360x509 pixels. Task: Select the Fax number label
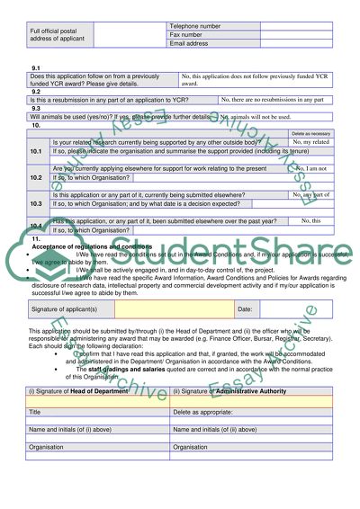coord(187,35)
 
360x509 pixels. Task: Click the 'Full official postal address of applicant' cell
coord(55,35)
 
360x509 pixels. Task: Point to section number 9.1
coord(36,68)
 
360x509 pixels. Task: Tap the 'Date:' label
coord(245,309)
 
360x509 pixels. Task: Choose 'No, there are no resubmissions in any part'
coord(284,98)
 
